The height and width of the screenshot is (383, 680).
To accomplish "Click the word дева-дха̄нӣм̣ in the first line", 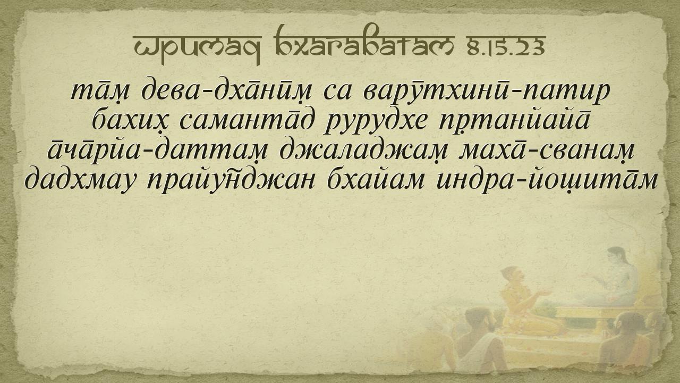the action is [x=227, y=91].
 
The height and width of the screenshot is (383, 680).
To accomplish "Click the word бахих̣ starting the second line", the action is [x=130, y=121].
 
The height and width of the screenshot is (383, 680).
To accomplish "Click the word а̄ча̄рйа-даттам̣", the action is [x=158, y=150].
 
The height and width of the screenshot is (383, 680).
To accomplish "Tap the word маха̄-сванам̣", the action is [x=547, y=151].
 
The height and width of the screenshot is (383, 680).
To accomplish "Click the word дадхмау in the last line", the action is [x=80, y=180].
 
